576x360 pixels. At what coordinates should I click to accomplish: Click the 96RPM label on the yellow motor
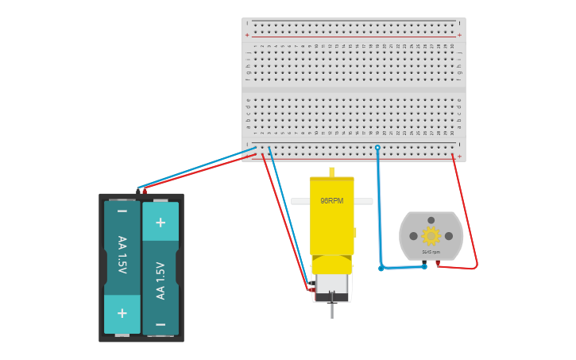click(331, 201)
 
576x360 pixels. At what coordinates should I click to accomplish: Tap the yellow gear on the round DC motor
click(431, 235)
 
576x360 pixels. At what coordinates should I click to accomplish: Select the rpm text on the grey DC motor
click(431, 252)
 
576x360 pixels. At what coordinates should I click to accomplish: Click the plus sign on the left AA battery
click(122, 313)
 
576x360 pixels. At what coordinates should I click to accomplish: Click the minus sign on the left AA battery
click(122, 211)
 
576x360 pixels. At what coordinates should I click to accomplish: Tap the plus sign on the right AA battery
click(160, 223)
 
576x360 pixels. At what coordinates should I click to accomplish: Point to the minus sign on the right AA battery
click(160, 324)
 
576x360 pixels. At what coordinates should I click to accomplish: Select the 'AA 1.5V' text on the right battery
click(160, 280)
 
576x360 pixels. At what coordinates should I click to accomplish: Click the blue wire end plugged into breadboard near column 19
click(377, 148)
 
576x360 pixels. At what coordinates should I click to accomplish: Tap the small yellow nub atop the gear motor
click(331, 172)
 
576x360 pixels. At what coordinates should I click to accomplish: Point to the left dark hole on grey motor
click(413, 236)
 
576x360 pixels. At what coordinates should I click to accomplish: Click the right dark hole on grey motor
click(449, 236)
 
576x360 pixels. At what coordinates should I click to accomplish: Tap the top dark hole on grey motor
click(431, 220)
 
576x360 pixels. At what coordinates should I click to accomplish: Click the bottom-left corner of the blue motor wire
click(381, 268)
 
